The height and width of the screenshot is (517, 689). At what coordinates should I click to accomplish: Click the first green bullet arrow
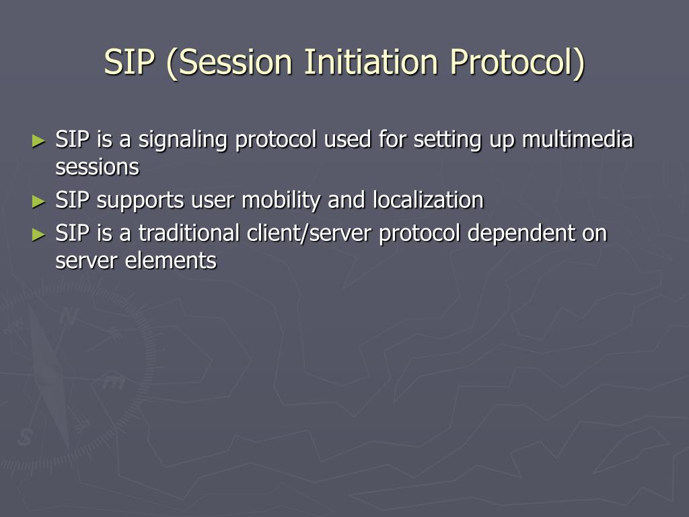(38, 141)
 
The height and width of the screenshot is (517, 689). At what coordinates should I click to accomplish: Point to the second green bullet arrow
(38, 201)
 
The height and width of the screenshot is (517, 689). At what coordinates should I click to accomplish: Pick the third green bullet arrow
(38, 234)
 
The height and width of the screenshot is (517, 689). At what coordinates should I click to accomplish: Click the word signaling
(183, 141)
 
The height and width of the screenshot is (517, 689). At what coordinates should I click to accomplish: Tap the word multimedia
(577, 139)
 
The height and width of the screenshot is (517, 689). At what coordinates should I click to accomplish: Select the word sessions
(97, 167)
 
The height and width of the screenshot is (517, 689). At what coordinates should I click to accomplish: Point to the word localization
(428, 200)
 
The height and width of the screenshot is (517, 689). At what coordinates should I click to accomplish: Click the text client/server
(310, 234)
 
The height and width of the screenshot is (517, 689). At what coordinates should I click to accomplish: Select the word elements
(171, 261)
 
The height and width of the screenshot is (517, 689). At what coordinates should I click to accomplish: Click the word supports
(140, 201)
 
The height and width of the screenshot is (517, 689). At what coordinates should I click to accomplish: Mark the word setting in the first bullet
(447, 141)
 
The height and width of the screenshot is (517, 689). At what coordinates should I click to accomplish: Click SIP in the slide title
(129, 61)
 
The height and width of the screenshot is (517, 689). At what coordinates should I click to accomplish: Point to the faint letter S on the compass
(25, 437)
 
